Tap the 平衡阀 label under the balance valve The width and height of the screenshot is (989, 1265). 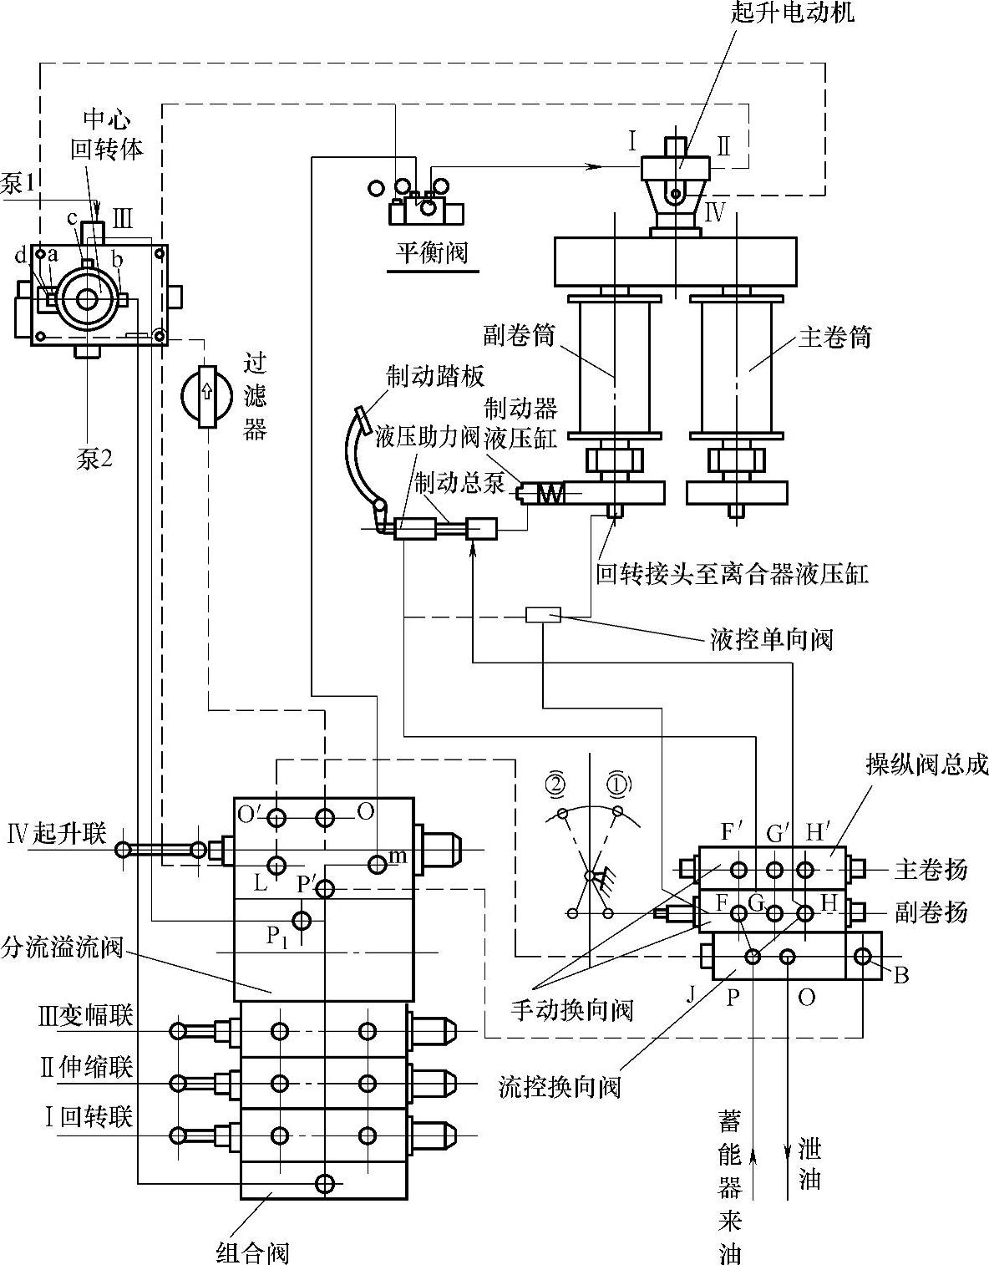pyautogui.click(x=432, y=251)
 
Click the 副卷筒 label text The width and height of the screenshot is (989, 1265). pyautogui.click(x=519, y=337)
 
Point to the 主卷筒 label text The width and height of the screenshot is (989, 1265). pyautogui.click(x=835, y=337)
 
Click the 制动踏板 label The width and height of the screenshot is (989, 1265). pyautogui.click(x=435, y=377)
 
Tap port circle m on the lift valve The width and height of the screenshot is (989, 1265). pyautogui.click(x=378, y=864)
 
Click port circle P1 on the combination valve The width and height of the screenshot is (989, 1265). pyautogui.click(x=302, y=921)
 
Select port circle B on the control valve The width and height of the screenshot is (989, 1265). pyautogui.click(x=864, y=956)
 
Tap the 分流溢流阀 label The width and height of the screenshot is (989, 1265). pyautogui.click(x=63, y=947)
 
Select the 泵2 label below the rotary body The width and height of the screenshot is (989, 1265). pyautogui.click(x=94, y=459)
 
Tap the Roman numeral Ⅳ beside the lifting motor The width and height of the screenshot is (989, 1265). pyautogui.click(x=715, y=211)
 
